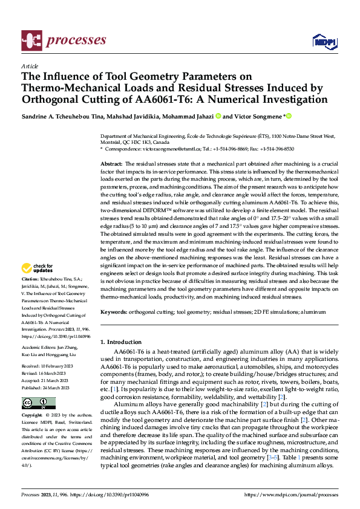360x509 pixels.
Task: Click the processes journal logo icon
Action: point(31,40)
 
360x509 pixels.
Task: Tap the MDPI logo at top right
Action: point(324,41)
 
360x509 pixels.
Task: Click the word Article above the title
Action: point(29,66)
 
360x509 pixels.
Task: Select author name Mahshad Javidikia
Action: point(126,115)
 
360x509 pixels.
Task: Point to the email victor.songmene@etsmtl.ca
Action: point(160,148)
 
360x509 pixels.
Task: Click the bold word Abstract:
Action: point(111,164)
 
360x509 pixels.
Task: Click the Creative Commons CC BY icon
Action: point(39,403)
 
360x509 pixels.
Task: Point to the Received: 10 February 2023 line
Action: point(48,366)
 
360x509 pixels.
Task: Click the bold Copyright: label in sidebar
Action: point(32,416)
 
